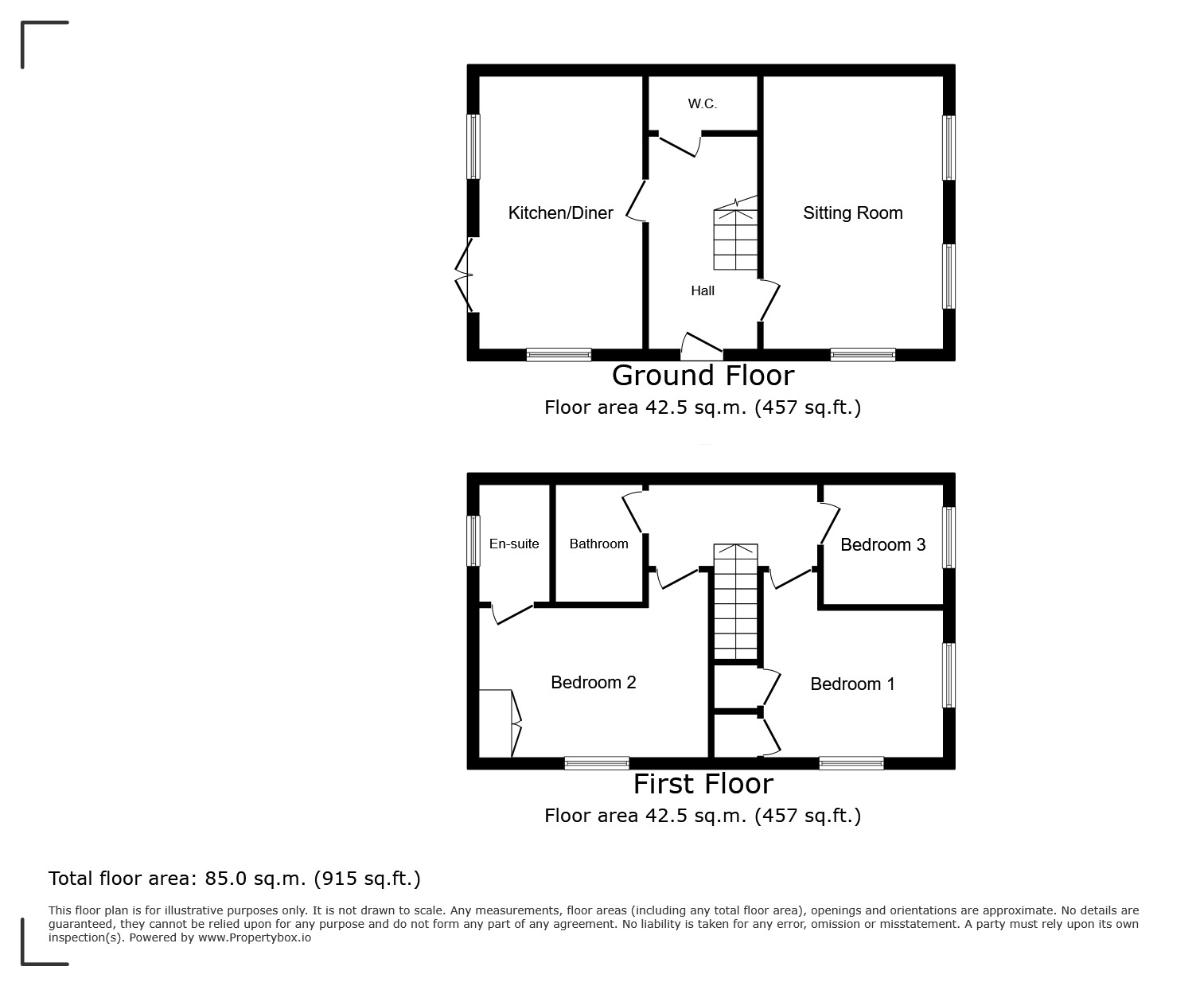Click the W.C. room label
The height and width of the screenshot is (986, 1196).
click(x=703, y=103)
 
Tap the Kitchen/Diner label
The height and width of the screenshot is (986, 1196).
click(x=560, y=213)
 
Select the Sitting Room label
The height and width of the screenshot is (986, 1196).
click(x=852, y=213)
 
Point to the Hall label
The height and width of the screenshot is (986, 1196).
click(x=703, y=291)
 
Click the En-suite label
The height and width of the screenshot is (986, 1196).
click(x=514, y=544)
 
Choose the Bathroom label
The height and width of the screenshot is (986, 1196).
click(x=598, y=544)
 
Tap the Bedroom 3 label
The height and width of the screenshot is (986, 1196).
click(x=882, y=544)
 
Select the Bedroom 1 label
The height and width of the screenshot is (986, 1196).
click(x=852, y=684)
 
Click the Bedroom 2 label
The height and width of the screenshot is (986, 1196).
click(x=594, y=682)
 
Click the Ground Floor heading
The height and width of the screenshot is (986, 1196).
click(x=703, y=376)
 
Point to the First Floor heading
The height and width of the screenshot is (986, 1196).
click(x=703, y=784)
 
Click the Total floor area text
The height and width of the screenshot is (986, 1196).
click(x=234, y=879)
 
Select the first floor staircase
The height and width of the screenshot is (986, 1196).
click(x=735, y=602)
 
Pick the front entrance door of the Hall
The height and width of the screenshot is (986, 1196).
click(x=702, y=346)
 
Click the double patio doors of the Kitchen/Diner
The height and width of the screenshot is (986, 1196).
click(x=464, y=275)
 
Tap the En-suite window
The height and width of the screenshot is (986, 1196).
click(x=473, y=541)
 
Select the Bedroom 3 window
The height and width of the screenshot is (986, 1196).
click(x=949, y=537)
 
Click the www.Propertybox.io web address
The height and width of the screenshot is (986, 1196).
click(x=255, y=938)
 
